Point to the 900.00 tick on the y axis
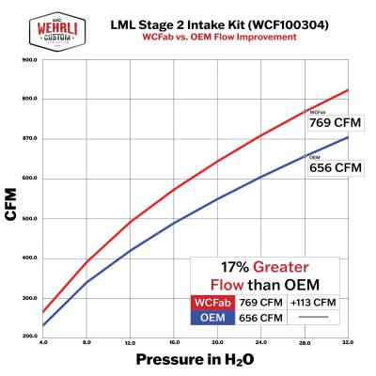coord(29,59)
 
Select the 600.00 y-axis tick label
coord(29,178)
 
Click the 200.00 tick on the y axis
coord(29,336)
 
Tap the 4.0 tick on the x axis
coord(43,341)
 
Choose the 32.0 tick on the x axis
coord(349,341)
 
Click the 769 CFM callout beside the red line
coord(335,122)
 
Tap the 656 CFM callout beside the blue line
coord(335,167)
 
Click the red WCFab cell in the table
coord(214,303)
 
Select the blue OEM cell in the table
coord(214,318)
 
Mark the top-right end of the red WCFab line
coord(348,90)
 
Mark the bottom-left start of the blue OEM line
coord(43,326)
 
